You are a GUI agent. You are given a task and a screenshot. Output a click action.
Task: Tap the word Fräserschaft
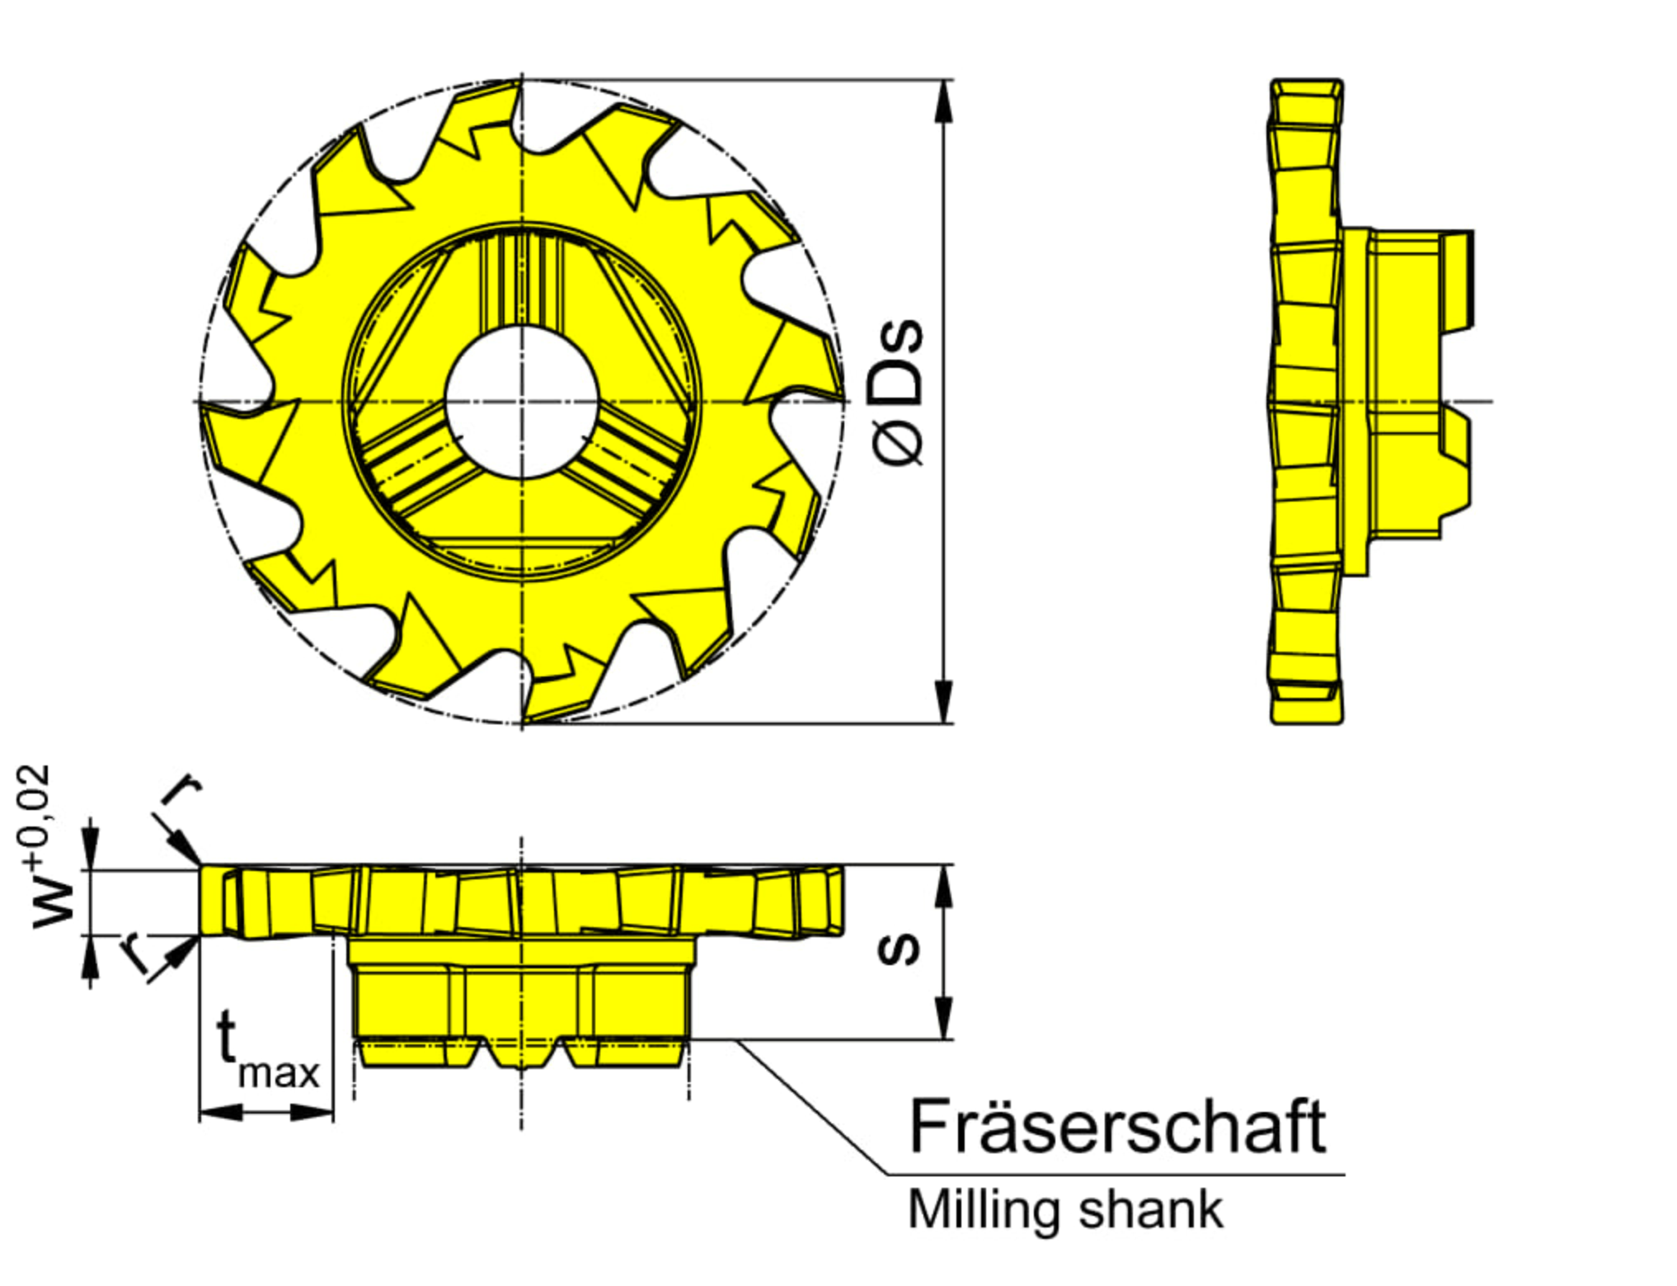coord(1117,1126)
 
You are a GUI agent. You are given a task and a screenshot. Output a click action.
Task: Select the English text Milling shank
coord(1064,1211)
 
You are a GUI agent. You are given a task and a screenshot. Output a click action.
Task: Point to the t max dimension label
coord(265,1049)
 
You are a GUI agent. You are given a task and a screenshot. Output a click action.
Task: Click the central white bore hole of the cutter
coord(521,401)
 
